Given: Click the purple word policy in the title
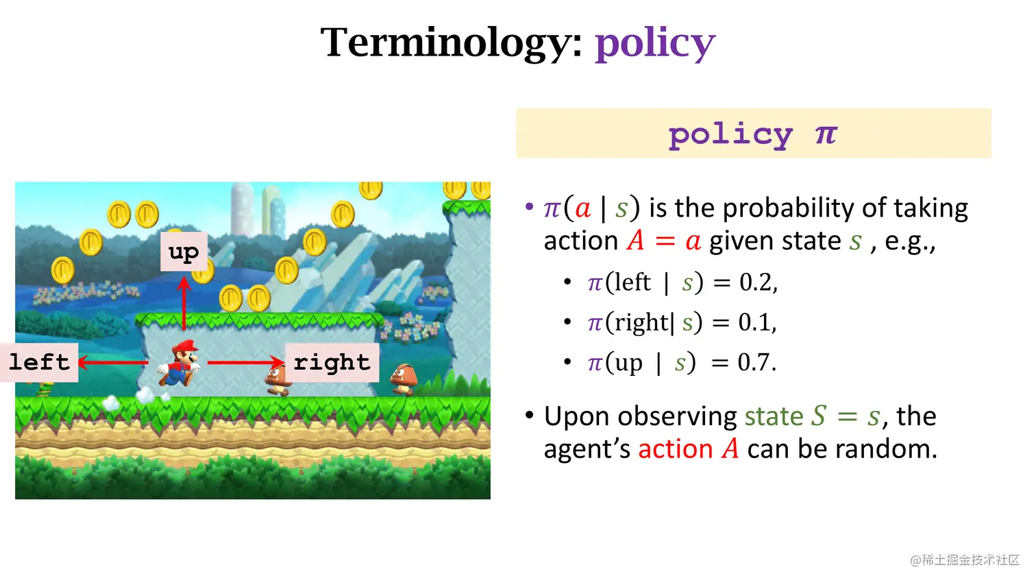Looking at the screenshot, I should pos(655,43).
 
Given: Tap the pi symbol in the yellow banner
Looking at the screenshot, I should pos(826,134).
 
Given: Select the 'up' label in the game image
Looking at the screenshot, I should pos(184,252).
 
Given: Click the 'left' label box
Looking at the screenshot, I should pos(40,362).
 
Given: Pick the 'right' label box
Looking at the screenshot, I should pos(332,362).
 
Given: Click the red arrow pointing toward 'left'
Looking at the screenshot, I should pos(113,362).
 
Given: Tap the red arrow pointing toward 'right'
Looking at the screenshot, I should pos(245,362).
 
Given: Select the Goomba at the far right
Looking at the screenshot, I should pos(404,379).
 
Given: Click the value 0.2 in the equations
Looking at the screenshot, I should pos(756,282).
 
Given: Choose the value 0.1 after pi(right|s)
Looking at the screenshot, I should pos(755,322).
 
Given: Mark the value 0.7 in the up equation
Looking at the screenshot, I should pos(755,362).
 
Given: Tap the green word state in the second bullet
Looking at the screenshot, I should pos(774,416).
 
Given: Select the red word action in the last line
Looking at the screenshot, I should pos(675,449).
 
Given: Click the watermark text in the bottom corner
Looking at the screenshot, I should pos(965,560).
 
